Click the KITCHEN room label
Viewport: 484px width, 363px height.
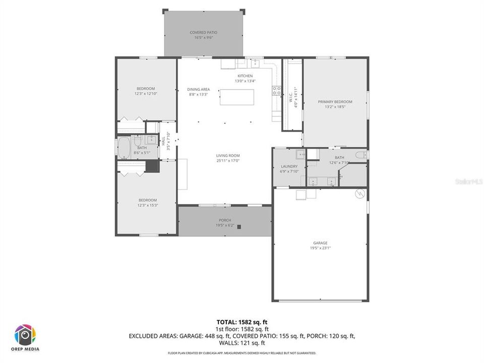[x=245, y=76]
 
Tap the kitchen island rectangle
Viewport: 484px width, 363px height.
[x=237, y=97]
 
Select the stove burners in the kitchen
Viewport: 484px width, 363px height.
[x=277, y=91]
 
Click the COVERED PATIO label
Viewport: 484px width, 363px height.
[x=204, y=33]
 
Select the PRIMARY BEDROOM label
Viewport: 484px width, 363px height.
[x=335, y=102]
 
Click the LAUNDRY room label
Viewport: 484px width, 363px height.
[x=289, y=166]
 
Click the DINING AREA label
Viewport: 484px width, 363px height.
[x=198, y=89]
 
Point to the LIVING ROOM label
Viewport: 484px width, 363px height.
[x=228, y=156]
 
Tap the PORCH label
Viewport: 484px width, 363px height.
[x=225, y=220]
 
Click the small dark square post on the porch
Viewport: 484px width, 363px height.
[x=239, y=227]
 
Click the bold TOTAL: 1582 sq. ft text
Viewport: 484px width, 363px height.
[x=241, y=321]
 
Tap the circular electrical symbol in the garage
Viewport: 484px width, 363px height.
[x=359, y=193]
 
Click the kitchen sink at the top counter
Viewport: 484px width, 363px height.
[x=256, y=63]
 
